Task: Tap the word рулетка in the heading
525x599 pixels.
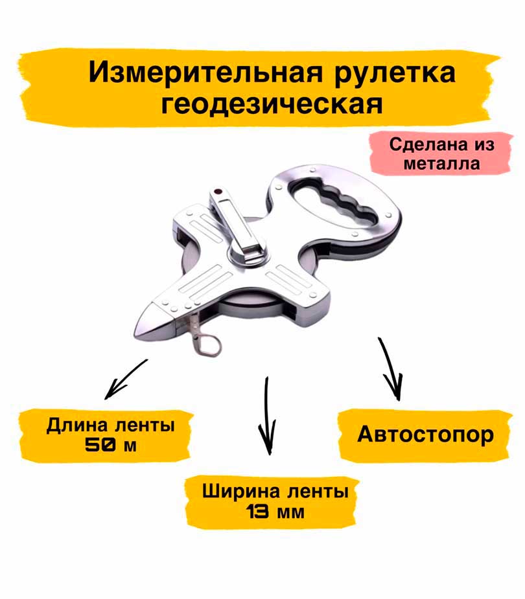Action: tap(395, 74)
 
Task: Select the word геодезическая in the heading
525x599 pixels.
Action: tap(272, 104)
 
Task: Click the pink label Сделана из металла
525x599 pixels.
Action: tap(441, 154)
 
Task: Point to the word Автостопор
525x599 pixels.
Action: tap(425, 435)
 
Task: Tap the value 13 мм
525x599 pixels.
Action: tap(275, 512)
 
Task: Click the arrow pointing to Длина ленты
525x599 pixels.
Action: tap(126, 379)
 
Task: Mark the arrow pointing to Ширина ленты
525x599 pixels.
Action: tap(267, 416)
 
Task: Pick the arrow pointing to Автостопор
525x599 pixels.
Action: tap(390, 368)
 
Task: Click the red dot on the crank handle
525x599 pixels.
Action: tap(218, 192)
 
